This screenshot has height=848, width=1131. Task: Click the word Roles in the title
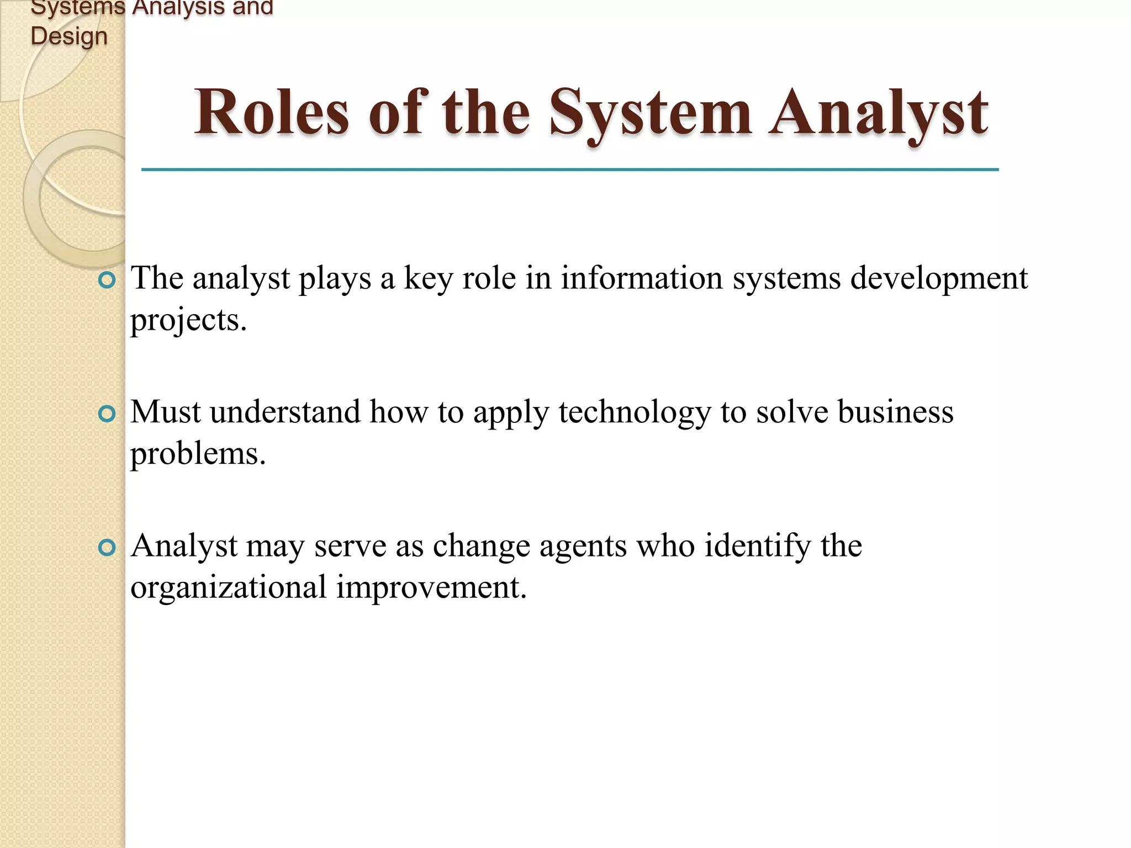coord(271,113)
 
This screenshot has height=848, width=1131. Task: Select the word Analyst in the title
coord(878,113)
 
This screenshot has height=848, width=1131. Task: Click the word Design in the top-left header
coord(69,36)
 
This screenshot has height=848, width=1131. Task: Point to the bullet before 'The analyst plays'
coord(107,280)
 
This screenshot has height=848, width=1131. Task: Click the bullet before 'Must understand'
coord(107,414)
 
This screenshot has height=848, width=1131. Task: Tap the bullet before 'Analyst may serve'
coord(107,548)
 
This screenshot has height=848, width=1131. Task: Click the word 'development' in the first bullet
coord(938,278)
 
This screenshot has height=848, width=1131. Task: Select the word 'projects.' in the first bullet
coord(188,320)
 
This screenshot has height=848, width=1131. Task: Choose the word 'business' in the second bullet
coord(895,412)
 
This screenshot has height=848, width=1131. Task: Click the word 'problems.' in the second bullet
coord(198,454)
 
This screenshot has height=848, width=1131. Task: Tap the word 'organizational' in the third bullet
coord(228,587)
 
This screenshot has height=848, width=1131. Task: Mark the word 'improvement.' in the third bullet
coord(431,587)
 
